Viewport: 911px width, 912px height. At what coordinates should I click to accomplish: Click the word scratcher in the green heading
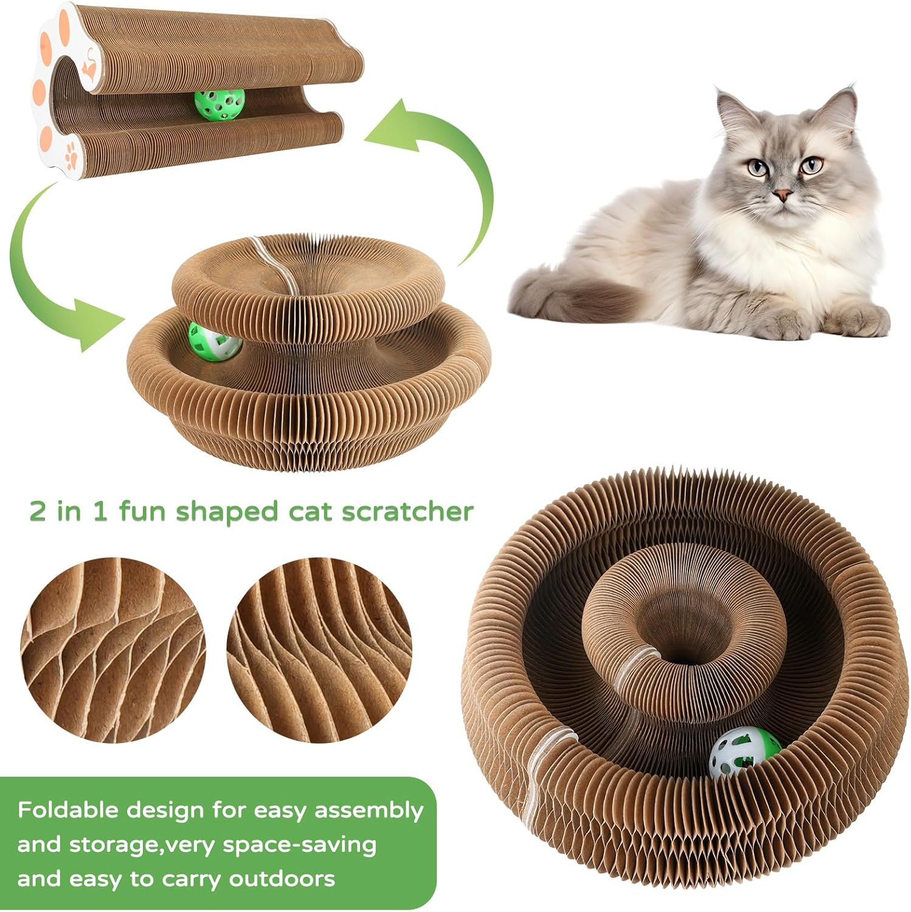407,511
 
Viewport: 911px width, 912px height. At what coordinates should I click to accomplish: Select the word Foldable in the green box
68,810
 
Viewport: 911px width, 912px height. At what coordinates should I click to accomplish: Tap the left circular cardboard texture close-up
113,650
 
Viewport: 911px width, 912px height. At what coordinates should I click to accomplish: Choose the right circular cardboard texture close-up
319,650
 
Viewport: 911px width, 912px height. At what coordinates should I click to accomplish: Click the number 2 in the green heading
38,511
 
